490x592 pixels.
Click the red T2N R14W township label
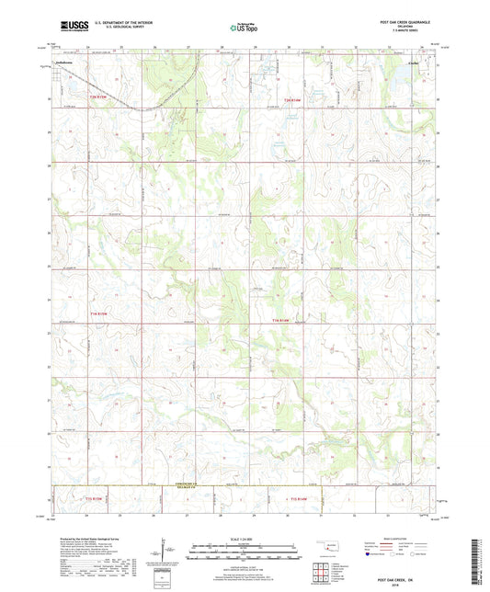tap(293, 98)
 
